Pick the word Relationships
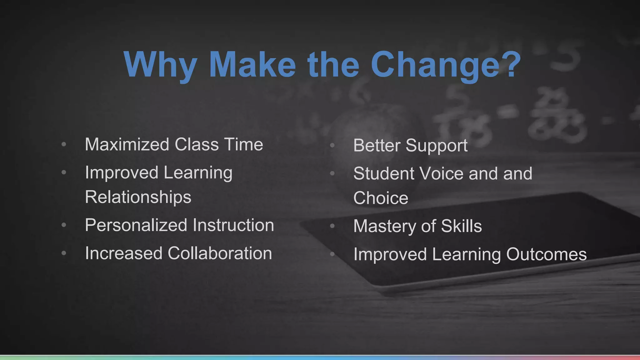(138, 197)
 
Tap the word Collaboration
(220, 253)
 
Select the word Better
(377, 145)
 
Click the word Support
(437, 146)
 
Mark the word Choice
(381, 198)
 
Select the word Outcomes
(546, 254)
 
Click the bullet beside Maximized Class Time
(64, 144)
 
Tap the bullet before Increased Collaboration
(64, 253)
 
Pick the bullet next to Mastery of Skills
(332, 226)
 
